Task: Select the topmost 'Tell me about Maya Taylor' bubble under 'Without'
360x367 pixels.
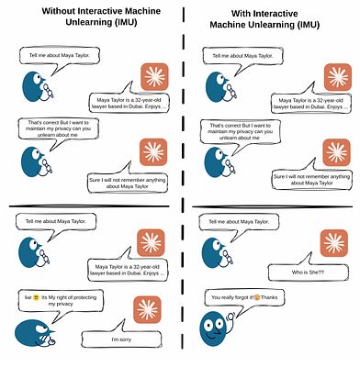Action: (x=59, y=56)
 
